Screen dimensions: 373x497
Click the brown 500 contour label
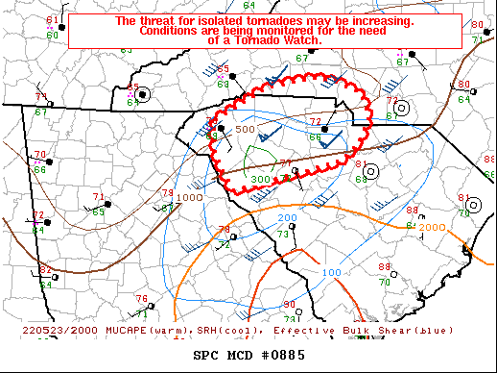(246, 129)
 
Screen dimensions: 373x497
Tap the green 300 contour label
(260, 180)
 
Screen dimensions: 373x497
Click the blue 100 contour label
(332, 273)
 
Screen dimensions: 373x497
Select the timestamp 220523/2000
(35, 330)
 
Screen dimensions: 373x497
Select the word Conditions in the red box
(172, 30)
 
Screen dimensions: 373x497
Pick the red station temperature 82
(45, 270)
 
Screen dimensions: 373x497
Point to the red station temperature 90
(290, 306)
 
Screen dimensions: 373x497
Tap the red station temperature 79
(168, 194)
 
